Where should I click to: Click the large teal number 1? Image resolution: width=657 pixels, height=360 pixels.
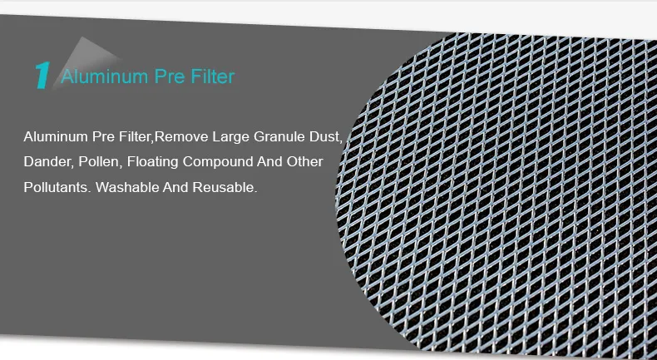42,75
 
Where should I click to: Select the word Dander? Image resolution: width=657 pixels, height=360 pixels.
47,161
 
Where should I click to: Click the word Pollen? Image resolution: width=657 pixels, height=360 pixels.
99,161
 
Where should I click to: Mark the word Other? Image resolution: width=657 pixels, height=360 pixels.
304,161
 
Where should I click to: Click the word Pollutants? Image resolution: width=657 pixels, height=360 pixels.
56,187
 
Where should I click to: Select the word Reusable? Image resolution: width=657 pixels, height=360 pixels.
225,187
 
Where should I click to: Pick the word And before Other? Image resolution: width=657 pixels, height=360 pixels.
269,161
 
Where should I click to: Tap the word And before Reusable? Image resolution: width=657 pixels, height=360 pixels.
176,187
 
